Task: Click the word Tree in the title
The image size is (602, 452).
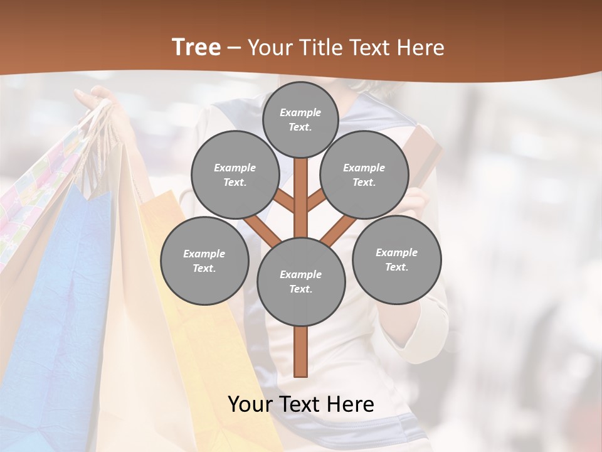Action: tap(196, 48)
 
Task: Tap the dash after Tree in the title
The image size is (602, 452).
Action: tap(234, 48)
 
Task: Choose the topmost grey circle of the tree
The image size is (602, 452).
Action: tap(300, 119)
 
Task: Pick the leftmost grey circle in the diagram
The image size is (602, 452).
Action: tap(204, 261)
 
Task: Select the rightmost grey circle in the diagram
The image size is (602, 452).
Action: tap(396, 260)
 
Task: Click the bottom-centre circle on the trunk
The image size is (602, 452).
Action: tap(301, 282)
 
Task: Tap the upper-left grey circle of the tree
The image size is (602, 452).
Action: tap(235, 175)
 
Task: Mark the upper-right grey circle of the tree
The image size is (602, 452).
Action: tap(364, 175)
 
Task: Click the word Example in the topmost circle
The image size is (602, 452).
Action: tap(300, 112)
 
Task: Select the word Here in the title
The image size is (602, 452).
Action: tap(421, 48)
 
